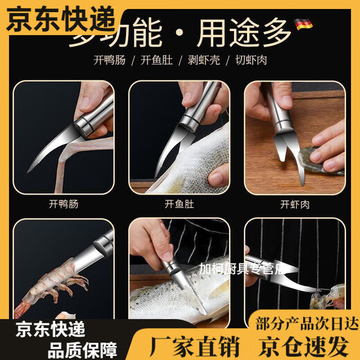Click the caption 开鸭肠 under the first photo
pos(64,204)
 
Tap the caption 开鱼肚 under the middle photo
pos(179,204)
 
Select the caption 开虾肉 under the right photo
pos(294,204)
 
